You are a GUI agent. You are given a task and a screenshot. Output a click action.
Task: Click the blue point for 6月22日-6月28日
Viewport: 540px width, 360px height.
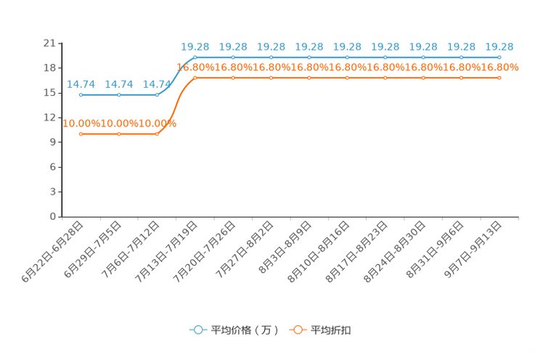(81, 95)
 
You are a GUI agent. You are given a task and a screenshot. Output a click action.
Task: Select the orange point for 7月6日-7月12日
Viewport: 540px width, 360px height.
(157, 134)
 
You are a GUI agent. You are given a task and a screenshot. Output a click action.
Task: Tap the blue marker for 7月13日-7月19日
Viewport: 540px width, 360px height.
(195, 57)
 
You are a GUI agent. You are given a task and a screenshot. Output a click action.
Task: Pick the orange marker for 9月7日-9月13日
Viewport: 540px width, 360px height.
(499, 78)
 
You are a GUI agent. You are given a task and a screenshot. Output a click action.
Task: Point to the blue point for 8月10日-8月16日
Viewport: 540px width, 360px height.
(347, 57)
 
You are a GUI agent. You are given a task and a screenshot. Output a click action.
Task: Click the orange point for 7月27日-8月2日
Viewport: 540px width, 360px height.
(271, 78)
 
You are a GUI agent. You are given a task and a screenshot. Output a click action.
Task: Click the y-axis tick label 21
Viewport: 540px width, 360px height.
(49, 44)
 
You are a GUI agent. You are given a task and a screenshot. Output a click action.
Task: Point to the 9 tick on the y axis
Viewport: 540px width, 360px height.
(53, 142)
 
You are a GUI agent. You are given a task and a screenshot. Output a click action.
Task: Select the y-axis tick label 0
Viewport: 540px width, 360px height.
(53, 217)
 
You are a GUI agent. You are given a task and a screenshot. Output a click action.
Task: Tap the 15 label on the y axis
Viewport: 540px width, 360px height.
(49, 93)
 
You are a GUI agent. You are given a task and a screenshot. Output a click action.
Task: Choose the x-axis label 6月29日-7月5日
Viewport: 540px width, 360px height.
(93, 250)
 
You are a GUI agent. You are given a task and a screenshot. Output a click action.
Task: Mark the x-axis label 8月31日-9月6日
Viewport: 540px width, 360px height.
(435, 250)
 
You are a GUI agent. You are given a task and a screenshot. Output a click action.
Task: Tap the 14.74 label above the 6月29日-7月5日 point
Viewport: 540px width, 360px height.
(119, 84)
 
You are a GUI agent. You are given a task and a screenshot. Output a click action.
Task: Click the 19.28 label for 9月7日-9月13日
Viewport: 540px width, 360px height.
(499, 47)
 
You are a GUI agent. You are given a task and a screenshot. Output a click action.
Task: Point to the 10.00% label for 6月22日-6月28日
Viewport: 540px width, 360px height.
(81, 123)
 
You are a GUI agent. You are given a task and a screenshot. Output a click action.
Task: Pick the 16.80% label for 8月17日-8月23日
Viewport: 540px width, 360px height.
(385, 67)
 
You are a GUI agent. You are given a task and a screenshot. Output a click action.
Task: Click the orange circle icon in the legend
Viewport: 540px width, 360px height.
(298, 330)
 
